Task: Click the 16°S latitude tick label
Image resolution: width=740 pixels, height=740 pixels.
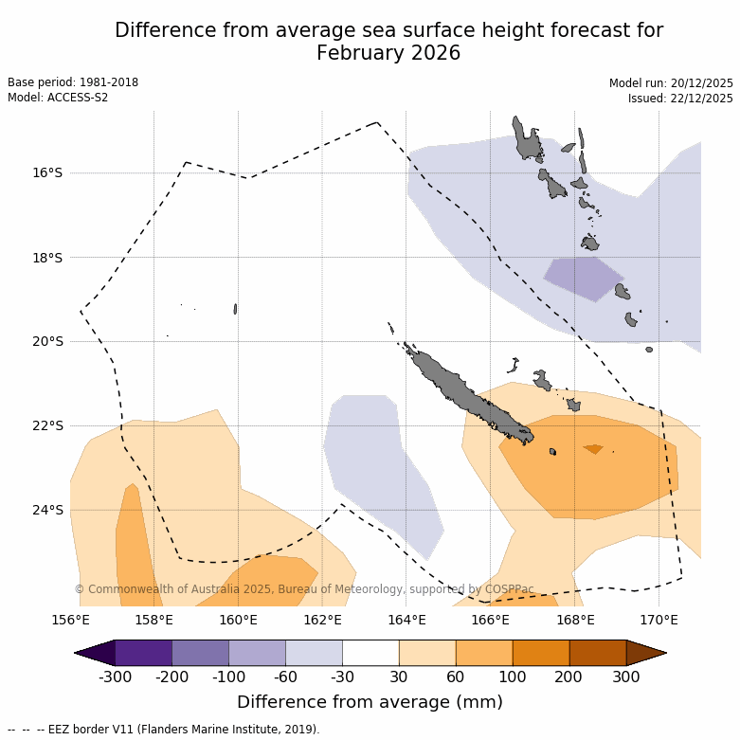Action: [x=47, y=172]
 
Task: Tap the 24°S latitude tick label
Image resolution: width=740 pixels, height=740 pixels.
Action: [x=47, y=510]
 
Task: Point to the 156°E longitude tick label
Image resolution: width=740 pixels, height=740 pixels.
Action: [x=70, y=620]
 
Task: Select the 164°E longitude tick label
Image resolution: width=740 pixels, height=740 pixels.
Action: [x=406, y=620]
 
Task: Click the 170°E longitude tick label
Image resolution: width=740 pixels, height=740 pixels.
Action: [x=659, y=620]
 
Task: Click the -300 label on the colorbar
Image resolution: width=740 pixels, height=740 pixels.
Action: [x=115, y=677]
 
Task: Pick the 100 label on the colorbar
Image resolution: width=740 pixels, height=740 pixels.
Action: [x=513, y=677]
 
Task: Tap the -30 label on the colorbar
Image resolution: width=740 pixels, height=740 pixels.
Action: [x=342, y=677]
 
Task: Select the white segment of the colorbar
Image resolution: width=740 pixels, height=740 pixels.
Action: [x=370, y=653]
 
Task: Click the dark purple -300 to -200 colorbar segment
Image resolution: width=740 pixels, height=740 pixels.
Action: [x=143, y=653]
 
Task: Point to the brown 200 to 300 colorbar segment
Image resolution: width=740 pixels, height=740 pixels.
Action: [x=598, y=653]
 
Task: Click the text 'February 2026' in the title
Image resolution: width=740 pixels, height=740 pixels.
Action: [x=388, y=53]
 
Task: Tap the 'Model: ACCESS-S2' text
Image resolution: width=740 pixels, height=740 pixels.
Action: [x=58, y=98]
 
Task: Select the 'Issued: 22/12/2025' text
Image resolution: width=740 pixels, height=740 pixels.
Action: [x=680, y=99]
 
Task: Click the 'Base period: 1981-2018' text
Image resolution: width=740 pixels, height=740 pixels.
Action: [x=73, y=82]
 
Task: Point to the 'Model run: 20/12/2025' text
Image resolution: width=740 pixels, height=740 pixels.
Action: [x=671, y=83]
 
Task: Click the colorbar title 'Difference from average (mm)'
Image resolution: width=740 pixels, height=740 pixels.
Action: [x=370, y=702]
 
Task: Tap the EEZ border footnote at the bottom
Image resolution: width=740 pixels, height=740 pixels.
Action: [x=163, y=730]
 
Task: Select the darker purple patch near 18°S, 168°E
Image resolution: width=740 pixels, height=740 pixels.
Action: [x=584, y=277]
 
